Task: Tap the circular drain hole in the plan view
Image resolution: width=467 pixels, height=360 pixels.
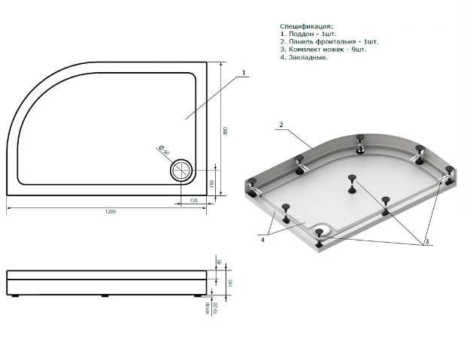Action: pyautogui.click(x=182, y=170)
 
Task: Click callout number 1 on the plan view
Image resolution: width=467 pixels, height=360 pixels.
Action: pyautogui.click(x=244, y=74)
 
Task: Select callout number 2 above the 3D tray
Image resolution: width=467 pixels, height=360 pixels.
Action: pyautogui.click(x=280, y=124)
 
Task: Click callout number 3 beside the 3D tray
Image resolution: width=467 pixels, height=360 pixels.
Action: pyautogui.click(x=426, y=241)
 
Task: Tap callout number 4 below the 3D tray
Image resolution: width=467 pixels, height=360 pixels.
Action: pyautogui.click(x=263, y=241)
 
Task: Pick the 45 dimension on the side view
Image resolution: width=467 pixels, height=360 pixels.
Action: pyautogui.click(x=220, y=262)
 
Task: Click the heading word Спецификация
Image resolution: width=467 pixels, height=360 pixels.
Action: pyautogui.click(x=305, y=26)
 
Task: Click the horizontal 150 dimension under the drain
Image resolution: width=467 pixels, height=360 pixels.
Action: pyautogui.click(x=193, y=200)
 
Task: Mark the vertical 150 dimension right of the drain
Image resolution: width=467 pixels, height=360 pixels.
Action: pyautogui.click(x=213, y=183)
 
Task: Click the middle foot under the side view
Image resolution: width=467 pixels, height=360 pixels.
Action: pyautogui.click(x=105, y=295)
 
